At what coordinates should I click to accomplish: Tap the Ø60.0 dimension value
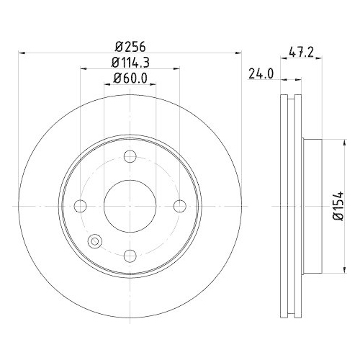pyautogui.click(x=130, y=81)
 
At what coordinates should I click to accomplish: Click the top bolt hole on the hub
pyautogui.click(x=130, y=158)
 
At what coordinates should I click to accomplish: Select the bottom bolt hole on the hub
pyautogui.click(x=130, y=254)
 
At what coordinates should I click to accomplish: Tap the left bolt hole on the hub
pyautogui.click(x=81, y=206)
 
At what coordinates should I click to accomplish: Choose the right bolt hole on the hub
pyautogui.click(x=178, y=206)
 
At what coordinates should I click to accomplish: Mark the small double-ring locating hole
pyautogui.click(x=94, y=243)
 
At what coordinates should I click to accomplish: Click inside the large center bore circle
pyautogui.click(x=130, y=206)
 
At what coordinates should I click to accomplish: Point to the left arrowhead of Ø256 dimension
pyautogui.click(x=20, y=53)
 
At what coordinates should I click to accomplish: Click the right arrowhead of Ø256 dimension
pyautogui.click(x=239, y=53)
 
